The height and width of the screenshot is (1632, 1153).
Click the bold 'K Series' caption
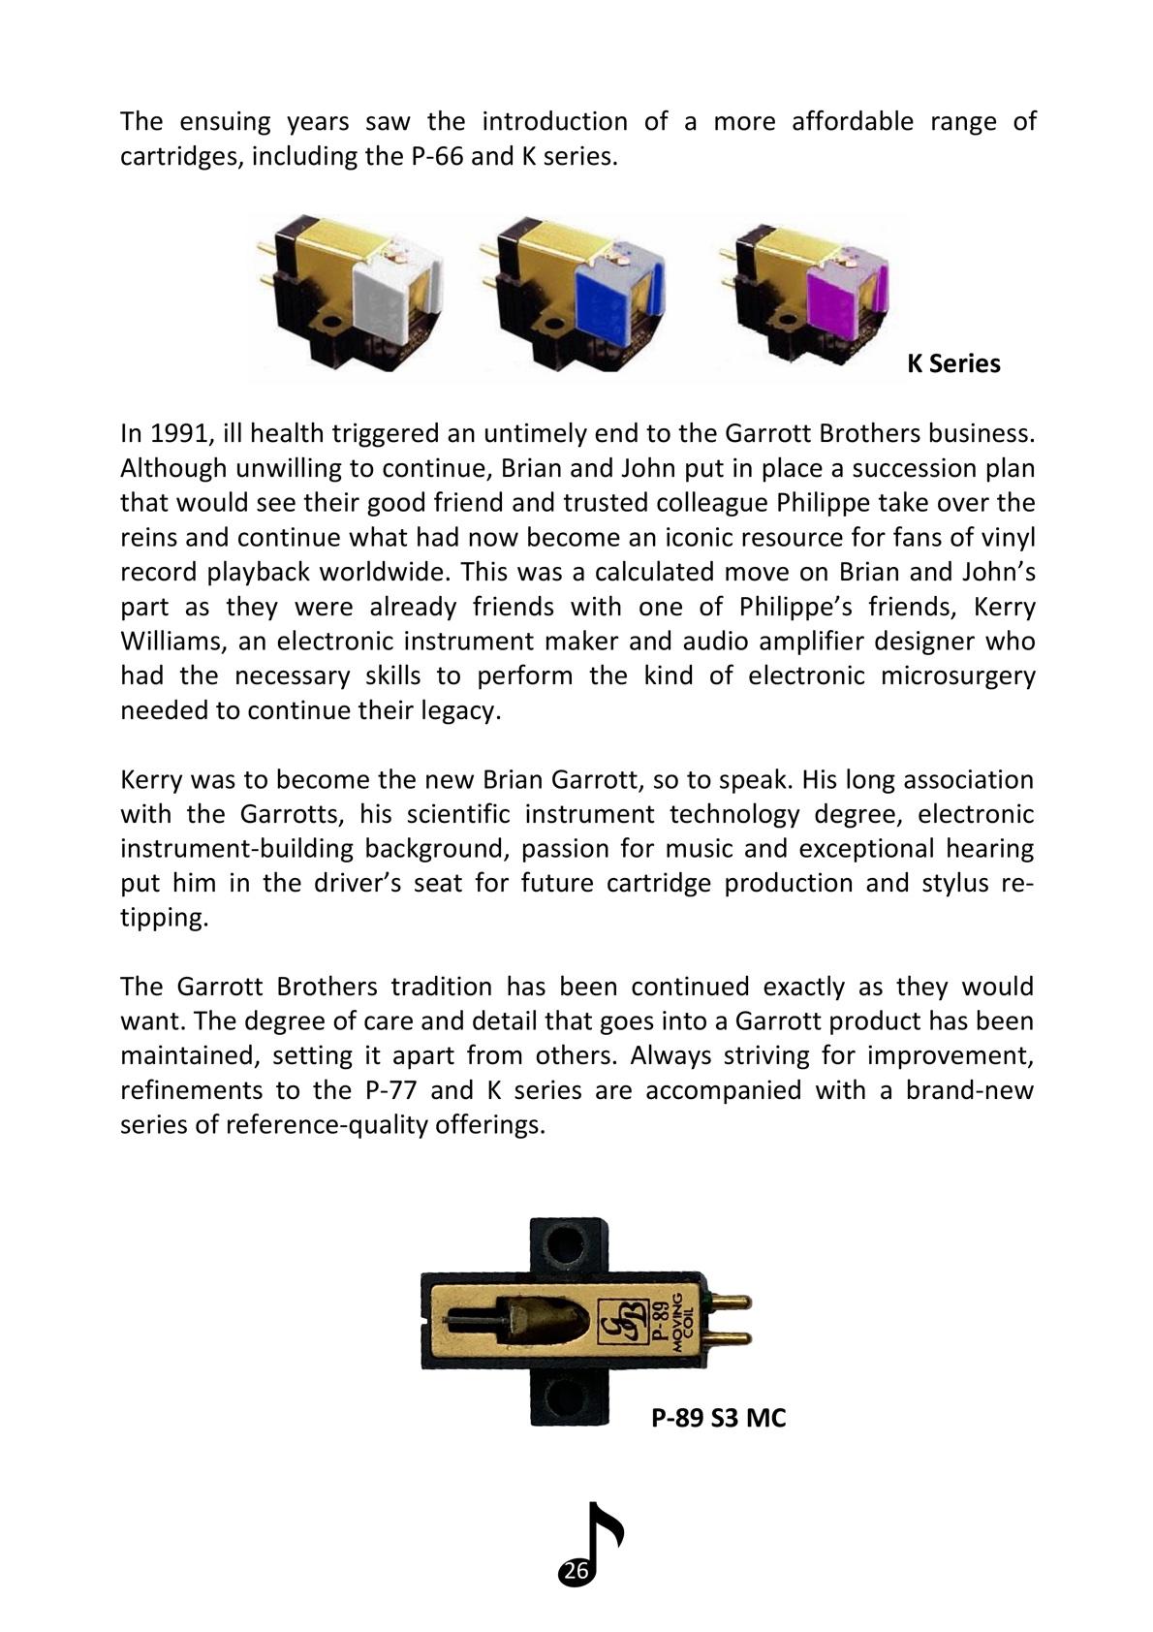(x=953, y=364)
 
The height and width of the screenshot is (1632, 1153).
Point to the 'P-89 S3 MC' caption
(x=718, y=1419)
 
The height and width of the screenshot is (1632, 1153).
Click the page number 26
(x=576, y=1572)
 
